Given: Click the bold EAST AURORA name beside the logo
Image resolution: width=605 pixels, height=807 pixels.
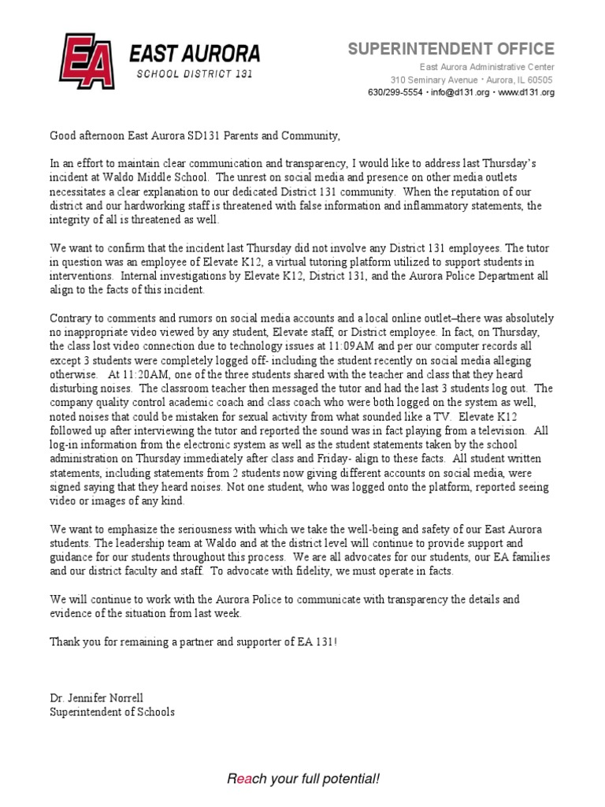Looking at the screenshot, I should click(194, 54).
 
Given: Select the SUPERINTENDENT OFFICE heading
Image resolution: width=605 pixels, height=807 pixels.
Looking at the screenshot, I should click(451, 49).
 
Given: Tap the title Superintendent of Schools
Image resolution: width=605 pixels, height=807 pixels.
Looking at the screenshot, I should click(112, 711).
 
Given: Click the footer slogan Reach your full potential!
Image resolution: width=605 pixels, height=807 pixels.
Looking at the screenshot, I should click(302, 779).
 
